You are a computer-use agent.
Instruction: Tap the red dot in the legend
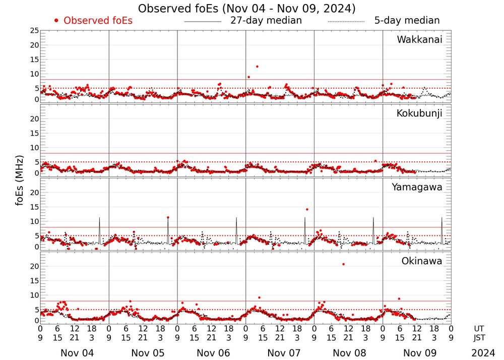(56, 21)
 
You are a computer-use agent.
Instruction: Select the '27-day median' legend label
(266, 21)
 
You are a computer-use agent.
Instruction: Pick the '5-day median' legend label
(407, 21)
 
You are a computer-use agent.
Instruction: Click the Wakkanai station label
(419, 40)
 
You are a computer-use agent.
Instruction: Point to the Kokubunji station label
(419, 113)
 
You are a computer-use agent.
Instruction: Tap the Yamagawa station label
(417, 187)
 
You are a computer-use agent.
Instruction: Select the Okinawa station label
(421, 261)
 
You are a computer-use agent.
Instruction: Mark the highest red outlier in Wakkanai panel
(257, 67)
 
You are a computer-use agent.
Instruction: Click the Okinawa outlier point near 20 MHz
(344, 264)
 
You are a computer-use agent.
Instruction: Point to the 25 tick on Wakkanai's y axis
(34, 31)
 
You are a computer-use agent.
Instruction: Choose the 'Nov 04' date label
(77, 353)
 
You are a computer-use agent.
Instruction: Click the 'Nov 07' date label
(284, 353)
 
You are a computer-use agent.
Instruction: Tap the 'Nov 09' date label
(421, 353)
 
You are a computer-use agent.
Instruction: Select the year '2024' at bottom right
(483, 353)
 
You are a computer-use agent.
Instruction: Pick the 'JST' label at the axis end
(479, 337)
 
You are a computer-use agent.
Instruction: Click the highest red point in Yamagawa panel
(307, 209)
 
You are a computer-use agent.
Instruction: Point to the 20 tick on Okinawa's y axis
(34, 266)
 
